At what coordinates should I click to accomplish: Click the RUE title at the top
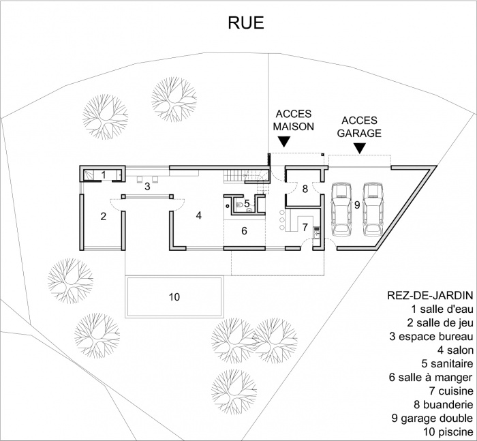tap(245, 24)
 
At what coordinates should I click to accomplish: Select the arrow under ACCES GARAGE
tap(359, 147)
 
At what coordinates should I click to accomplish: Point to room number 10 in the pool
tap(174, 296)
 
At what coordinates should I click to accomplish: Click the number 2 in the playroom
tap(104, 217)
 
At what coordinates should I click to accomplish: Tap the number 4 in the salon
tap(198, 215)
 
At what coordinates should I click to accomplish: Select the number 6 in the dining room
tap(244, 231)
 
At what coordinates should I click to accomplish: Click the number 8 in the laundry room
tap(305, 189)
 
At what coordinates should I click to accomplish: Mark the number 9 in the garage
tap(356, 204)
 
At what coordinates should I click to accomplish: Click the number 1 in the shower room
tap(104, 175)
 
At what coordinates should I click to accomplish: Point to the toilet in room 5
tap(238, 203)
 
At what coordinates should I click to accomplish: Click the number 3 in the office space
tap(147, 186)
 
